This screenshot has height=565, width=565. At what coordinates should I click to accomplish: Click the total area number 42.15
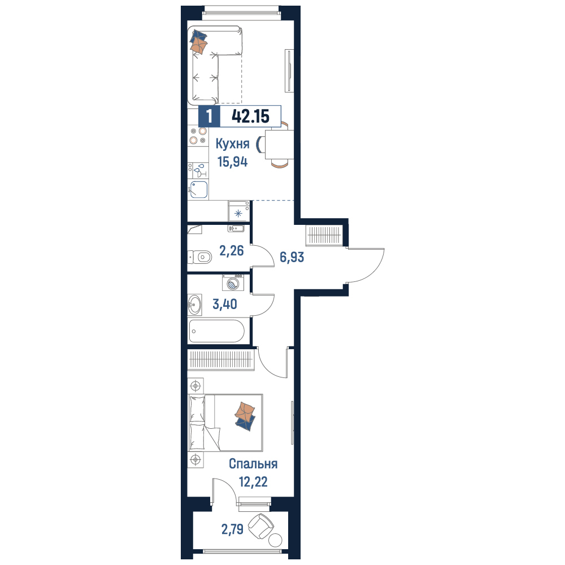click(x=250, y=116)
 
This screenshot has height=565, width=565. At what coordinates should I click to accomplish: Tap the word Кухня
click(x=232, y=144)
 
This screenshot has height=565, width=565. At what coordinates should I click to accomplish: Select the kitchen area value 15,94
click(x=232, y=162)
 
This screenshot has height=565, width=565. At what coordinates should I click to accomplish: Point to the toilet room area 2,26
click(x=231, y=250)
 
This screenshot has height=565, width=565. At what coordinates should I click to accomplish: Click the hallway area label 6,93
click(x=292, y=257)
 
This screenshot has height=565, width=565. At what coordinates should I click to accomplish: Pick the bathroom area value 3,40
click(x=225, y=304)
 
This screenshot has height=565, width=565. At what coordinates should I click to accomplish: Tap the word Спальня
click(x=253, y=464)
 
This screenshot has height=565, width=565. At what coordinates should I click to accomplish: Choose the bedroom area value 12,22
click(x=253, y=481)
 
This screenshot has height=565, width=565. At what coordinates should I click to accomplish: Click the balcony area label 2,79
click(x=232, y=529)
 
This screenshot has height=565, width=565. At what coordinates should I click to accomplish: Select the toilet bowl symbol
click(x=199, y=257)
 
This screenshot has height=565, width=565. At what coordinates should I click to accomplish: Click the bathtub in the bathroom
click(x=216, y=331)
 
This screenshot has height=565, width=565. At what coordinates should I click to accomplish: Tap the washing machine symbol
click(x=233, y=282)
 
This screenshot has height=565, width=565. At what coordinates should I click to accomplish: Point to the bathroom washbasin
click(x=194, y=305)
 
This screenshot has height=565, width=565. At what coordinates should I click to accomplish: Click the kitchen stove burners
click(x=198, y=136)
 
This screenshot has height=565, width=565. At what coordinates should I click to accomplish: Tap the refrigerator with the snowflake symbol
click(x=238, y=211)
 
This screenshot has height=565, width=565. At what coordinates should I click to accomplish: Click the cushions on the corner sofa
click(x=198, y=41)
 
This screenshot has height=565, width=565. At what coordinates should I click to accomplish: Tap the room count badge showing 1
click(x=209, y=116)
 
